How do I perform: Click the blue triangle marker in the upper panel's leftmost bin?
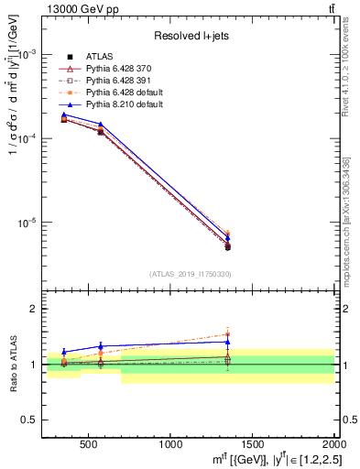pos(64,115)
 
